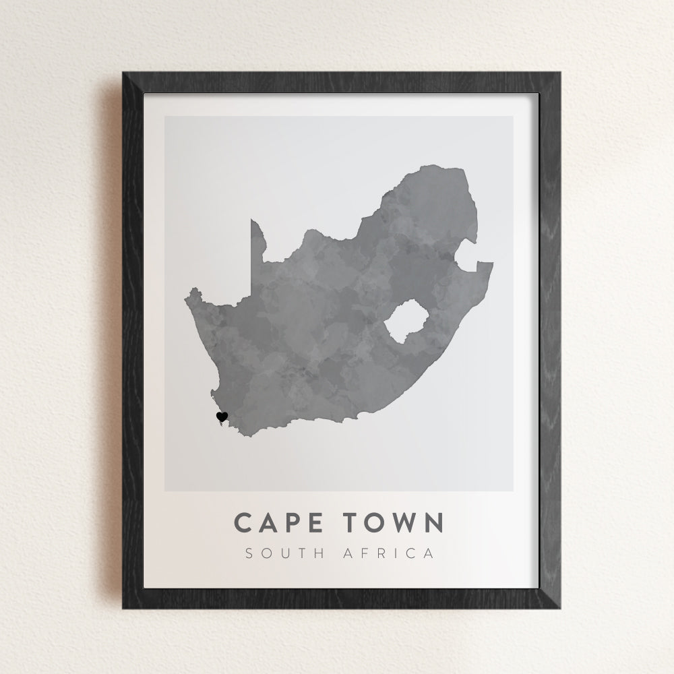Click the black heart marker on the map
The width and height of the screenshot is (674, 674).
(222, 417)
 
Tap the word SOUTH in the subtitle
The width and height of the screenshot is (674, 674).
(283, 554)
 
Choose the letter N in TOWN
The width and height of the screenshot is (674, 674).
(433, 522)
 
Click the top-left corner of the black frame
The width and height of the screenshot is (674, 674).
(124, 73)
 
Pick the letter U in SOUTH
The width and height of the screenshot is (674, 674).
(282, 554)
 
